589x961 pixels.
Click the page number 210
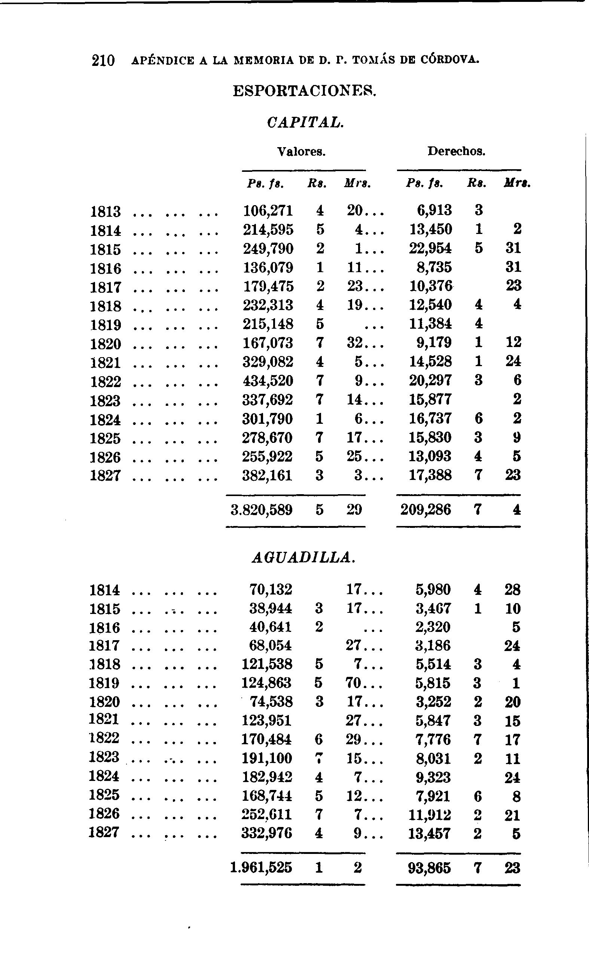pyautogui.click(x=103, y=61)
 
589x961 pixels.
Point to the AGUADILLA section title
pyautogui.click(x=303, y=558)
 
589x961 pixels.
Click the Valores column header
pyautogui.click(x=301, y=151)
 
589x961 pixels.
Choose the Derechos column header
pyautogui.click(x=456, y=151)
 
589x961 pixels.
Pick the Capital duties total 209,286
pyautogui.click(x=426, y=510)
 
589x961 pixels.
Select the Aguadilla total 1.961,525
pyautogui.click(x=261, y=868)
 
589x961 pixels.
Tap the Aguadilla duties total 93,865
pyautogui.click(x=429, y=868)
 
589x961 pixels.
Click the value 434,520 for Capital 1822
pyautogui.click(x=268, y=381)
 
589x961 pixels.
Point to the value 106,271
pyautogui.click(x=268, y=211)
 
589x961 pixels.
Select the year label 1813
pyautogui.click(x=105, y=212)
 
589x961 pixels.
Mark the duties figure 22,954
pyautogui.click(x=430, y=249)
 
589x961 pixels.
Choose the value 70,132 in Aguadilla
pyautogui.click(x=271, y=589)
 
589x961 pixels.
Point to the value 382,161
pyautogui.click(x=267, y=475)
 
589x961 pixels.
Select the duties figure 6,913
pyautogui.click(x=434, y=211)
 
